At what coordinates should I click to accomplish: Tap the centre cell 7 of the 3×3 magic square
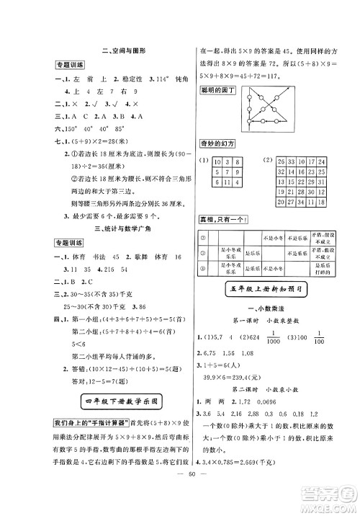(x=225, y=173)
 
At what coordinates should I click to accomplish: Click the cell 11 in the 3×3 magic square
(x=225, y=184)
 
